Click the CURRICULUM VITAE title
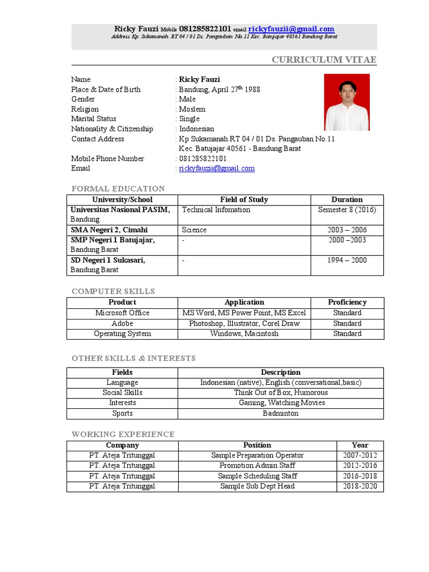324,60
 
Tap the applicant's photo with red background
347,102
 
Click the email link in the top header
291,29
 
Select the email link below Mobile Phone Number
217,168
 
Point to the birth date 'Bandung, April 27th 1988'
220,89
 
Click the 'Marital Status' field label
94,119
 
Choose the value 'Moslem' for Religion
192,109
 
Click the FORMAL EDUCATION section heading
118,189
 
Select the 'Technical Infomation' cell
216,210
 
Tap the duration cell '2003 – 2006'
347,230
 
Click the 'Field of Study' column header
244,199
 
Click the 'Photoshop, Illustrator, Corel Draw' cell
244,323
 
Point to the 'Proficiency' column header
347,302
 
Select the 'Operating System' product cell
122,334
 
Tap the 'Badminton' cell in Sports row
280,413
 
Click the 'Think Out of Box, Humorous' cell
280,393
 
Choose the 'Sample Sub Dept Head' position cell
257,487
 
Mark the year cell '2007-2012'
360,456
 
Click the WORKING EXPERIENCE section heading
123,435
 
